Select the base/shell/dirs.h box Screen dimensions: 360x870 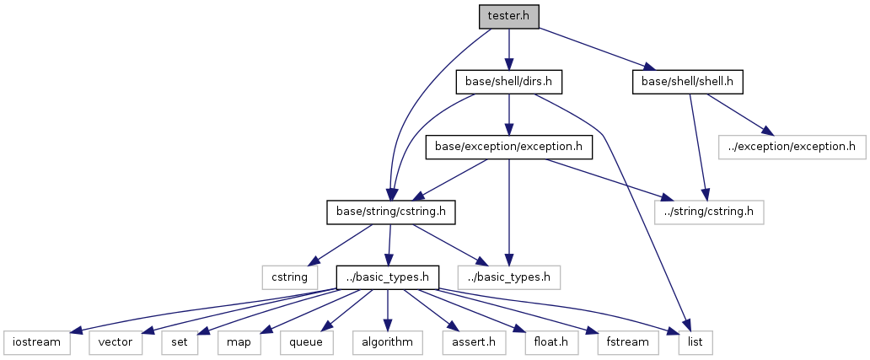pos(508,82)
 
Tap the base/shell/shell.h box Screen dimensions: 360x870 pos(688,82)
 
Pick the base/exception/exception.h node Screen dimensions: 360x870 pos(508,147)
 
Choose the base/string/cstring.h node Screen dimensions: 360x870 pos(391,212)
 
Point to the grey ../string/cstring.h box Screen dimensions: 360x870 pos(708,212)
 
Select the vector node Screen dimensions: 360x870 pos(115,342)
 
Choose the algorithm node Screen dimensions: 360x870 pos(386,342)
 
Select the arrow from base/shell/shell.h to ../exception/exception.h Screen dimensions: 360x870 pos(736,114)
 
